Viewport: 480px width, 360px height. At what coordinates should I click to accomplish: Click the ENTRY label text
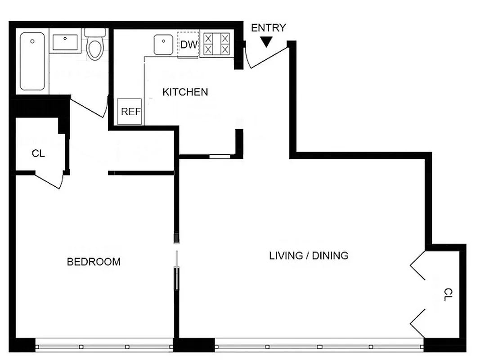268,28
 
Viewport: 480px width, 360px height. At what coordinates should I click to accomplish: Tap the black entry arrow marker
266,42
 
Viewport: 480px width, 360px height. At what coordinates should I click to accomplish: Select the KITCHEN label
185,92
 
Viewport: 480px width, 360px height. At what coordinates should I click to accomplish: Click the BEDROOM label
94,261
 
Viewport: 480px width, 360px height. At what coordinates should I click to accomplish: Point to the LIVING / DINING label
308,256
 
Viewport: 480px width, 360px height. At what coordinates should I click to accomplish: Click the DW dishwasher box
188,45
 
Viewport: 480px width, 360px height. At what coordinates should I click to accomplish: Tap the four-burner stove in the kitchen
216,44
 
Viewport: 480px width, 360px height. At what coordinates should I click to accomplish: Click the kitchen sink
162,45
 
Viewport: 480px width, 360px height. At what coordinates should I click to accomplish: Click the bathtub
33,61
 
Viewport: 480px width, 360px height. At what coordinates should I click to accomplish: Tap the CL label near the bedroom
38,153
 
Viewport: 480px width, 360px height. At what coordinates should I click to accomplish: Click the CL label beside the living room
447,295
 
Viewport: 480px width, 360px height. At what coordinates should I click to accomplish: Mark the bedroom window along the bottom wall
103,346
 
